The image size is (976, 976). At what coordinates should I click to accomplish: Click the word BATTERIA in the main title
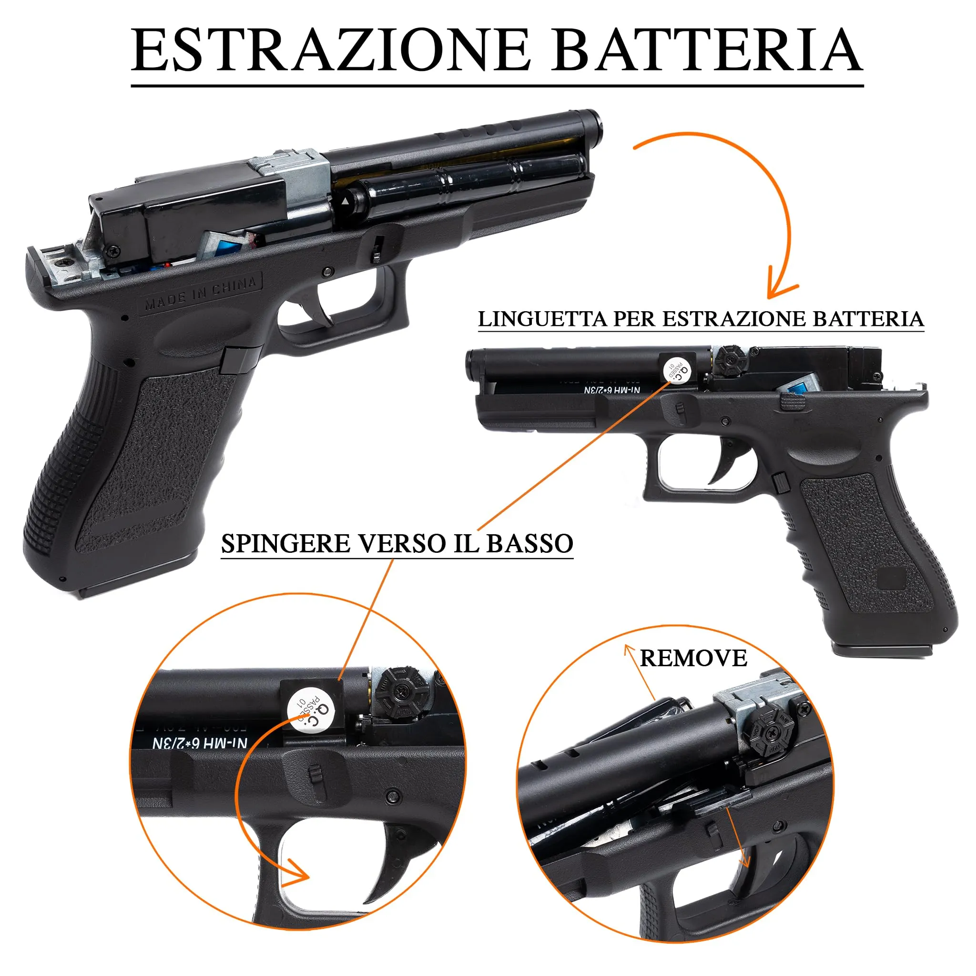[707, 51]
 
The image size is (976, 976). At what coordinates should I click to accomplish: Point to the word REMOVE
[693, 658]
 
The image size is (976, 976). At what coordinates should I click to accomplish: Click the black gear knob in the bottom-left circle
[402, 690]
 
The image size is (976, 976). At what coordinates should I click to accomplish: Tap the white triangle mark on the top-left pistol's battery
[345, 202]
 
